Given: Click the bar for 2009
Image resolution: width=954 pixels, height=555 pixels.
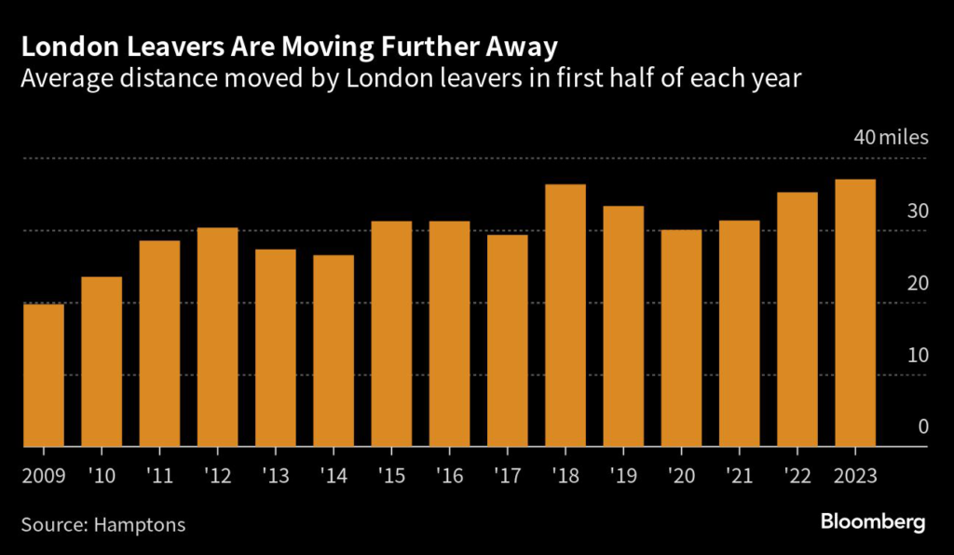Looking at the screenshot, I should (x=43, y=375).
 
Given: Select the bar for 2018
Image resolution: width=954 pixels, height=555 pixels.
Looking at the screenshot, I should (x=566, y=316).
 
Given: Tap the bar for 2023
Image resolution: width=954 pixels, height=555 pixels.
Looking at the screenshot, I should (x=855, y=313).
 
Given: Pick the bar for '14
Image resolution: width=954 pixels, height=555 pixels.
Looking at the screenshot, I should (x=334, y=351).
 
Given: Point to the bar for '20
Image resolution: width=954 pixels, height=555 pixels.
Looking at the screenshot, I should (x=681, y=338).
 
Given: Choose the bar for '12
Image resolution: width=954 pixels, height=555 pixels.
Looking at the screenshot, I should (x=217, y=337).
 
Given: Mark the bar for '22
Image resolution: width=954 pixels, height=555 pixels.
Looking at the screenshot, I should (x=797, y=319).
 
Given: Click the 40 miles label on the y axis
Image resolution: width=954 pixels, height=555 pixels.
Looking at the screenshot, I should (x=892, y=138).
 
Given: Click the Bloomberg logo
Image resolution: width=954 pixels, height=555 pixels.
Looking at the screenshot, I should (x=873, y=521).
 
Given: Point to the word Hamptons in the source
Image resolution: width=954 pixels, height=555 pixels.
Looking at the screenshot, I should (x=140, y=524).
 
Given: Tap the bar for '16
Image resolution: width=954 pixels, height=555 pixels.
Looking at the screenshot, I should (x=449, y=334).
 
